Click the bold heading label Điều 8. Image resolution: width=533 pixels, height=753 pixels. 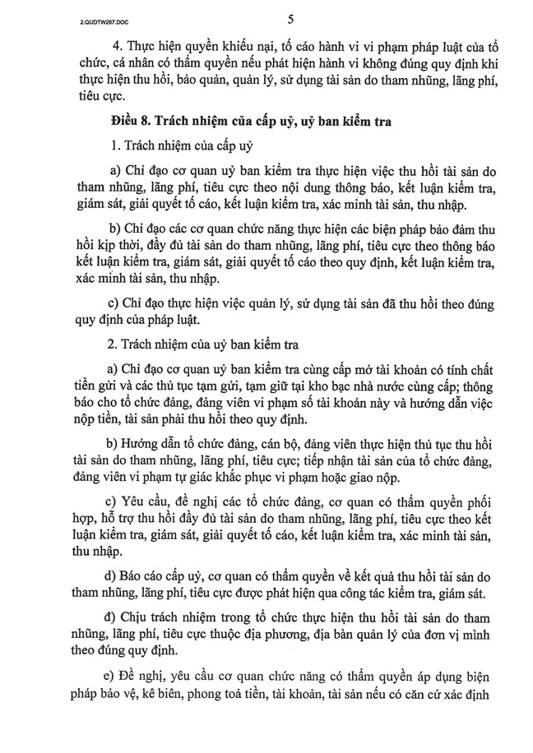132,122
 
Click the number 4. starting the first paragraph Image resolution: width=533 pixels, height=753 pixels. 117,46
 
